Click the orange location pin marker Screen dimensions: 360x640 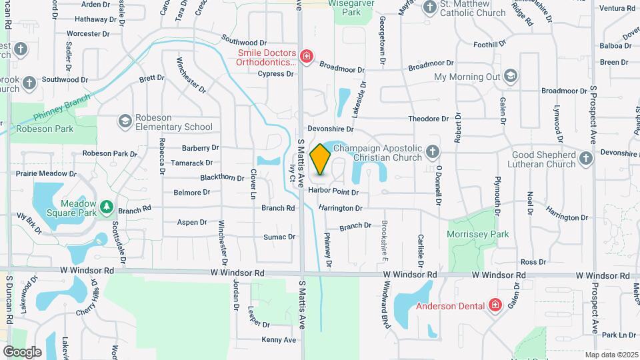pyautogui.click(x=321, y=159)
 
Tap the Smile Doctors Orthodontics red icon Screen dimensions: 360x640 pyautogui.click(x=307, y=56)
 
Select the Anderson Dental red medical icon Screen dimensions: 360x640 pyautogui.click(x=495, y=306)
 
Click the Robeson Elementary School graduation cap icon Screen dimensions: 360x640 pyautogui.click(x=125, y=121)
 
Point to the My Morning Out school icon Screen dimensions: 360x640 pyautogui.click(x=511, y=76)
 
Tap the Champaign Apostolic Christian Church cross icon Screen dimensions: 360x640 pyautogui.click(x=433, y=151)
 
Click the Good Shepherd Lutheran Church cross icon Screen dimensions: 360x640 pyautogui.click(x=585, y=157)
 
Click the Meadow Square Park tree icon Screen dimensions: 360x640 pyautogui.click(x=106, y=209)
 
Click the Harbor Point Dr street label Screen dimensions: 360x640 pyautogui.click(x=333, y=192)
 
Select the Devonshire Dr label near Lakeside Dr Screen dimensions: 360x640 pyautogui.click(x=329, y=128)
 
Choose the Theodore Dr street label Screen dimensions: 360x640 pyautogui.click(x=428, y=119)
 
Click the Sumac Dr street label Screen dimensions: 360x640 pyautogui.click(x=279, y=237)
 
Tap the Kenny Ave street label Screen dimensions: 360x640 pyautogui.click(x=278, y=340)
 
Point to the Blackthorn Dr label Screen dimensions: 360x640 pyautogui.click(x=222, y=178)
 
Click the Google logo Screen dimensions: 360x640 pyautogui.click(x=22, y=351)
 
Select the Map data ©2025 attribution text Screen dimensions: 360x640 pyautogui.click(x=611, y=355)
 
